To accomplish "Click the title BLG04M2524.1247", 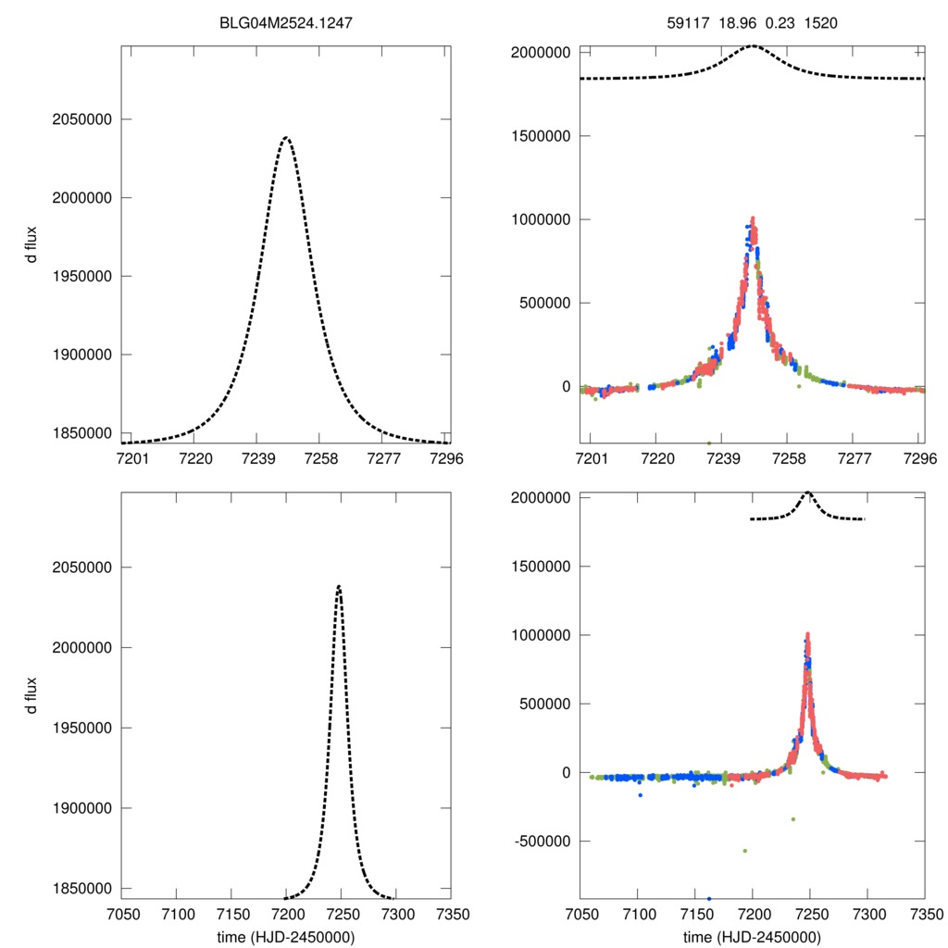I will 286,22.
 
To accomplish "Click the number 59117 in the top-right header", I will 686,22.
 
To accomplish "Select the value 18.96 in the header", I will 736,22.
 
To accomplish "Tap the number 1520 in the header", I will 820,22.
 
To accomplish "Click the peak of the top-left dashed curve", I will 286,138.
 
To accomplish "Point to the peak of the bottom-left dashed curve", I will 339,586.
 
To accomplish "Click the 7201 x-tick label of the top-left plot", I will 131,458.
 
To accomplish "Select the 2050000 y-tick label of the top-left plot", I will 80,119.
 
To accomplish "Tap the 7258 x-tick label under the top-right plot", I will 788,458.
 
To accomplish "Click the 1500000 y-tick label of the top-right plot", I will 542,136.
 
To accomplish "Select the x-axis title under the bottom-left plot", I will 286,936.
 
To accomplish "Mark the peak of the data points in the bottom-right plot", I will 807,635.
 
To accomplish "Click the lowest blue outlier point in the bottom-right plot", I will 709,898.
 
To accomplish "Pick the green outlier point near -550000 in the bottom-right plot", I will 745,850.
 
